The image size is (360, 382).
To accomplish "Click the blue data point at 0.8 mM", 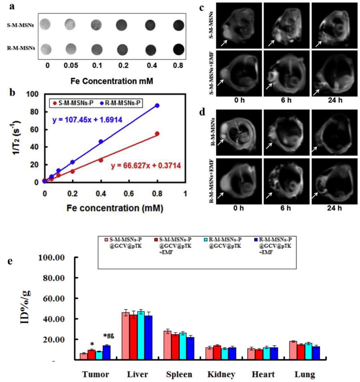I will [157, 105].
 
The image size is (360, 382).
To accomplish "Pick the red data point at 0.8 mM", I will [157, 134].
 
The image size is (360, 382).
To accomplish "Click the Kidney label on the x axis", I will [221, 374].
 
